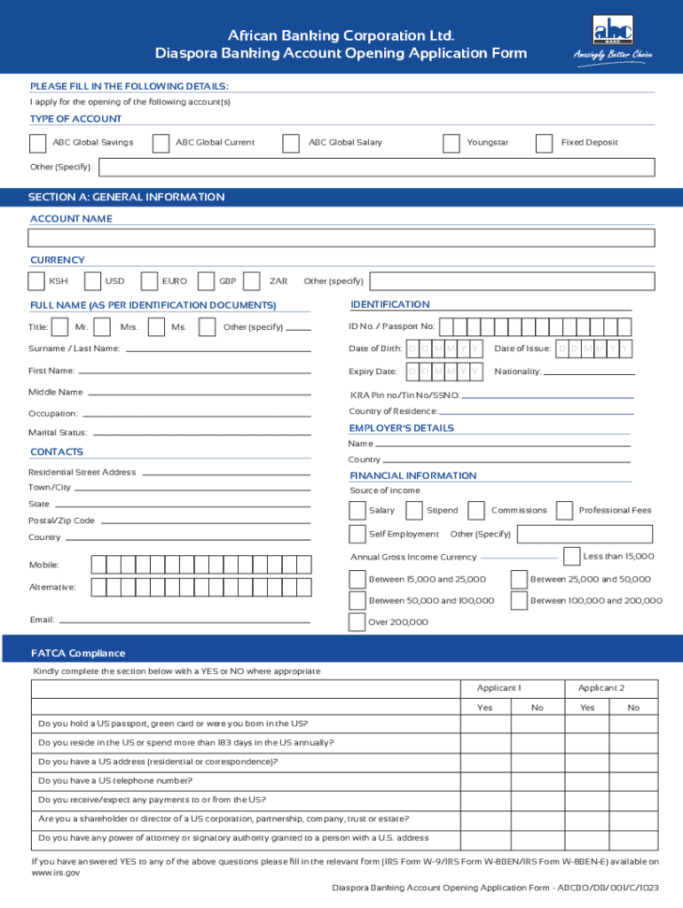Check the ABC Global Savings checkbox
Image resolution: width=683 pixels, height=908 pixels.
(x=38, y=144)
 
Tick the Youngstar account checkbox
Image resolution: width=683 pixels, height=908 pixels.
(x=451, y=144)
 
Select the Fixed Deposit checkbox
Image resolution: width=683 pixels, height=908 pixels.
(x=545, y=144)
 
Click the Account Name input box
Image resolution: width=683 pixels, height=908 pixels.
(x=341, y=238)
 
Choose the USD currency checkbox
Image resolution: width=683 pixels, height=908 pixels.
(x=92, y=281)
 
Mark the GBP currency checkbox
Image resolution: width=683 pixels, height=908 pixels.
(x=207, y=281)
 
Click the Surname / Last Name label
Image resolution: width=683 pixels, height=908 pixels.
(x=74, y=348)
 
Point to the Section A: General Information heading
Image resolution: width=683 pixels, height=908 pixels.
(x=126, y=197)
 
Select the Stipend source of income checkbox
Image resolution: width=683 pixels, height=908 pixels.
(x=413, y=510)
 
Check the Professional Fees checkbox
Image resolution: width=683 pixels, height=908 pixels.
(x=564, y=510)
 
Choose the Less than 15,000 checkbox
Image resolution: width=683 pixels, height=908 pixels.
(x=572, y=556)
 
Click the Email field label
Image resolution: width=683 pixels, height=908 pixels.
(x=41, y=620)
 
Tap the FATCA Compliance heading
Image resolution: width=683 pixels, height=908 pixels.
(x=78, y=654)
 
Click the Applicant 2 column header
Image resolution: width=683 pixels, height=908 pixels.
(x=601, y=688)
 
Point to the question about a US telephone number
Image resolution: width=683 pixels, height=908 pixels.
(x=115, y=780)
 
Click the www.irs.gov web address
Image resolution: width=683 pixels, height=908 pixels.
(x=55, y=873)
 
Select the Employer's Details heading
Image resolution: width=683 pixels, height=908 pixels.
(x=401, y=428)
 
